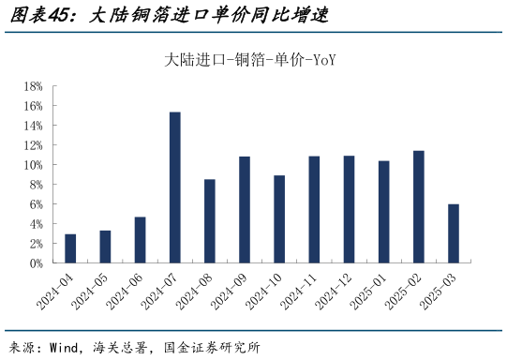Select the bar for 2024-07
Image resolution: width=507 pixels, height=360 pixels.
coord(174,187)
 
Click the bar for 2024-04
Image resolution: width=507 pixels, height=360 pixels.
coord(70,248)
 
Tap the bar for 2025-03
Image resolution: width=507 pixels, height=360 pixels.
coord(454,233)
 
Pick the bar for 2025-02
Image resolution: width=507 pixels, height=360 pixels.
coord(419,207)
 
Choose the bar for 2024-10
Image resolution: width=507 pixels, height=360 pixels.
coord(279,219)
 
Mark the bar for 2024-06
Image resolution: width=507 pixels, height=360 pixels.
coord(140,240)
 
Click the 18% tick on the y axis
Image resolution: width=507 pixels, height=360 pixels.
coord(34,86)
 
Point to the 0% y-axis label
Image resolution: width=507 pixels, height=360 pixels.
coord(37,263)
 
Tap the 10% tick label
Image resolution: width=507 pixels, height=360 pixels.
coord(34,165)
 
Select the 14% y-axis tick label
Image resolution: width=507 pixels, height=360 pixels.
coord(34,126)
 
